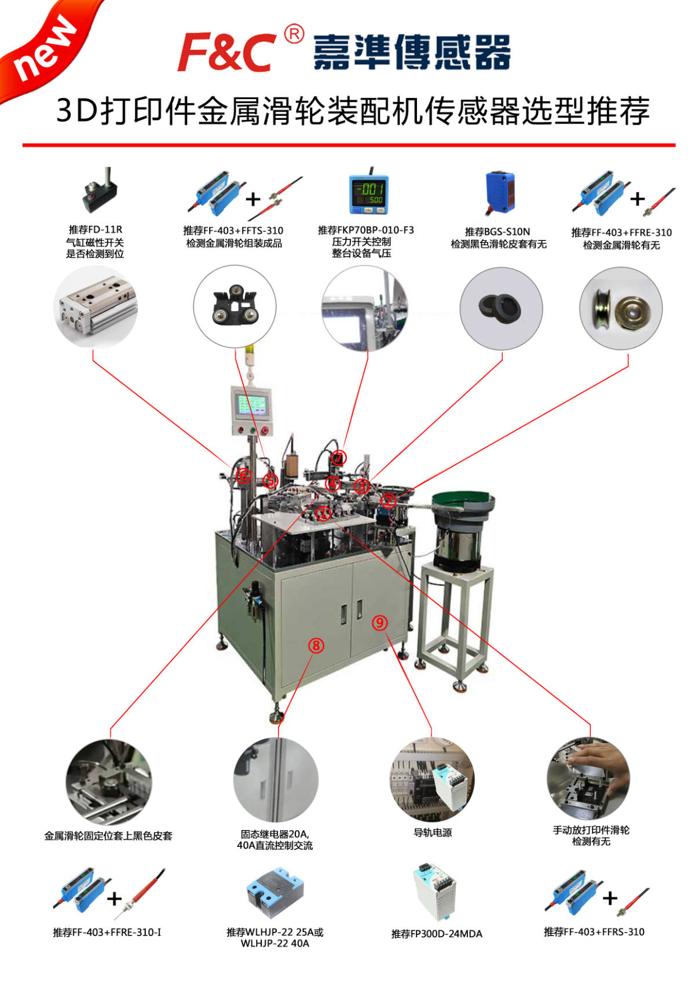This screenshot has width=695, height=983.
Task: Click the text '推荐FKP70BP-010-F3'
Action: [x=365, y=230]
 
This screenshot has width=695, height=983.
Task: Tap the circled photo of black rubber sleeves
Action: [x=501, y=309]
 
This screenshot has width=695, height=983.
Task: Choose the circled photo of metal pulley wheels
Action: [x=621, y=309]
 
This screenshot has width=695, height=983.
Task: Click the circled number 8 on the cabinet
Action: [x=316, y=645]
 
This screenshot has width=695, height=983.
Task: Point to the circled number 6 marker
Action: [x=243, y=475]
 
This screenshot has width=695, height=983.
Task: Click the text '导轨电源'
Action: [x=433, y=832]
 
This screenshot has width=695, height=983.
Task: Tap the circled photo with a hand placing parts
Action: [x=588, y=779]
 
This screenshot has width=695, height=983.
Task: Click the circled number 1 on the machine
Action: [x=323, y=513]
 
